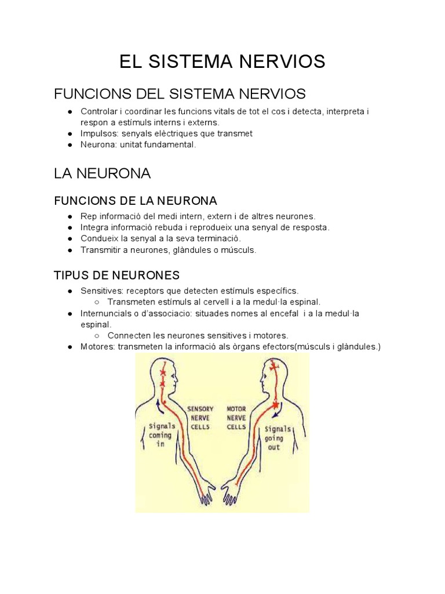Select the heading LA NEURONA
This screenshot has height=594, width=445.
pos(102,173)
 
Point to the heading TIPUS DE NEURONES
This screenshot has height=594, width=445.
pos(116,274)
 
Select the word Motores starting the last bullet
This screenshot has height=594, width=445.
pos(97,347)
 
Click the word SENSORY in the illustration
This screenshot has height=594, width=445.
pos(200,409)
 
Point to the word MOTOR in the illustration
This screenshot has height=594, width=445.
pos(236,409)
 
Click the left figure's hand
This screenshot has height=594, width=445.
pos(207,494)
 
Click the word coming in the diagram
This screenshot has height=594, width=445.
pos(161,435)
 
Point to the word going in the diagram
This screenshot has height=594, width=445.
pos(273,439)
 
